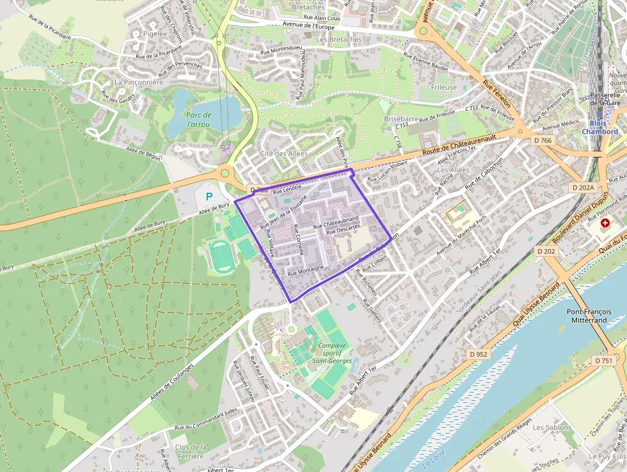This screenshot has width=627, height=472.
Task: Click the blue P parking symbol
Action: coord(209,196)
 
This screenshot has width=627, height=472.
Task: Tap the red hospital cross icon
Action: coord(605,222)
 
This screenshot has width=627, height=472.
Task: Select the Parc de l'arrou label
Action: coord(198,119)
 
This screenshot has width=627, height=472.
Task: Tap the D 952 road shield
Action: coord(478,354)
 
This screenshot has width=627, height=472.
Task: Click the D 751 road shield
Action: coord(603,361)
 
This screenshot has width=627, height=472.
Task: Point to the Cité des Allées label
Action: coord(283,154)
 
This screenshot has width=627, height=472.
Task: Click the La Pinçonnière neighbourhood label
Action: coord(138,83)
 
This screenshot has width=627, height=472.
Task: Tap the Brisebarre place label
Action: coord(401,119)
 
